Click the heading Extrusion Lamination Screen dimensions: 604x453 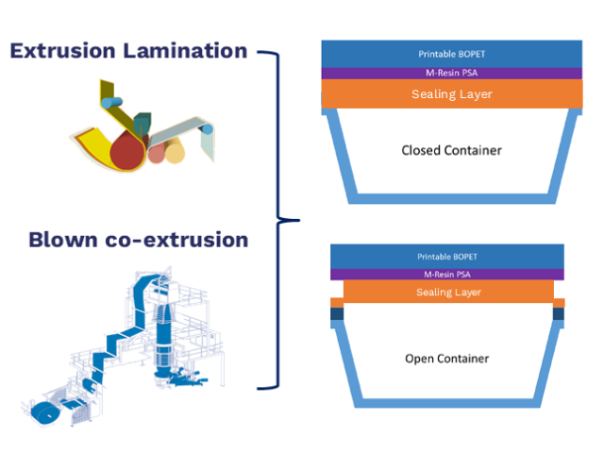128,51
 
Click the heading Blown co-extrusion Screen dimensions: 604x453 139,240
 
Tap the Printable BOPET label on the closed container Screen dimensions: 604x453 451,54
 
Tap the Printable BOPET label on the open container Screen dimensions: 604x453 446,257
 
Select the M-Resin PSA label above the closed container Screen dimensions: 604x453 451,73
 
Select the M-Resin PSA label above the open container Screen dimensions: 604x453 446,275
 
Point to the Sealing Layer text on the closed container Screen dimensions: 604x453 451,94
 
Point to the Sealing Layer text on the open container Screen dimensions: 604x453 448,292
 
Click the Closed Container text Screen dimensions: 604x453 451,150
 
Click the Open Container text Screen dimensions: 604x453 446,359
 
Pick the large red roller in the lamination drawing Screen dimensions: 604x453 127,151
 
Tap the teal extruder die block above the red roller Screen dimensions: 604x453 143,124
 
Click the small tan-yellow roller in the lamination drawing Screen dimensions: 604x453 175,151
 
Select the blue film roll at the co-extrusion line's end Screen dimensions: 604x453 45,414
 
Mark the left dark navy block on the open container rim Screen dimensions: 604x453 337,313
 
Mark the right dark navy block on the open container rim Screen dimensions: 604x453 559,313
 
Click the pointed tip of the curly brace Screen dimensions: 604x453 299,220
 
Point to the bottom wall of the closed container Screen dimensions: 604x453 452,199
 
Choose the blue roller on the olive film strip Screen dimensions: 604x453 111,103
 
